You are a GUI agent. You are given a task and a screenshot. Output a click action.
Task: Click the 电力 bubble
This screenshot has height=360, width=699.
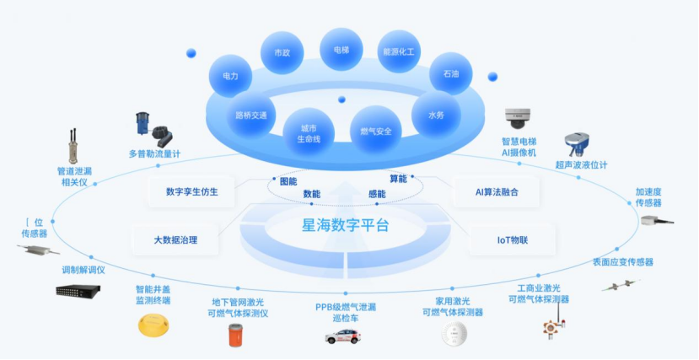(x=231, y=76)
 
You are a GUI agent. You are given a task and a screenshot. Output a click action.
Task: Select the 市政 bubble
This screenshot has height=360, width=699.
(x=282, y=52)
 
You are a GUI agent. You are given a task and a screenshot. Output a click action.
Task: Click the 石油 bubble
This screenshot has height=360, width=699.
(x=450, y=74)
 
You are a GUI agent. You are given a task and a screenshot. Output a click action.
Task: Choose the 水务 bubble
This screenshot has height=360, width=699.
(x=435, y=115)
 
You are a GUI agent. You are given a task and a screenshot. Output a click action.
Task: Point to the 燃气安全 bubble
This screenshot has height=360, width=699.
(x=375, y=131)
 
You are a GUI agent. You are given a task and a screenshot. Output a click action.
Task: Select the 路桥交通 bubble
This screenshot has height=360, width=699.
(x=251, y=116)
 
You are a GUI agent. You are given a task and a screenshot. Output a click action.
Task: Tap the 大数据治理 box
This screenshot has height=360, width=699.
(x=175, y=239)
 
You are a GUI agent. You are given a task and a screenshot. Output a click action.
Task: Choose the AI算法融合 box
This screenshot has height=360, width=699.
(x=497, y=191)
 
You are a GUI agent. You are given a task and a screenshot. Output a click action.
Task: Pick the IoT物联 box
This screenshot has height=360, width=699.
(x=513, y=239)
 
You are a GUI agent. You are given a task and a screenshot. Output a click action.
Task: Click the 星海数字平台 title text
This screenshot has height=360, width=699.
(x=346, y=225)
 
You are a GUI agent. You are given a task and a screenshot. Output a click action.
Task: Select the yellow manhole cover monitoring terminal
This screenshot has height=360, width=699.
(x=153, y=325)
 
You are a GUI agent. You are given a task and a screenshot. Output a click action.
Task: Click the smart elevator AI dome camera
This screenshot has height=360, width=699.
(x=515, y=116)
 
